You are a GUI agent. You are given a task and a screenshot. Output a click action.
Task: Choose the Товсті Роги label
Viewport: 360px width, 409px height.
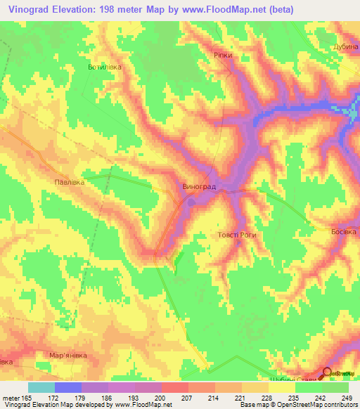[238, 235]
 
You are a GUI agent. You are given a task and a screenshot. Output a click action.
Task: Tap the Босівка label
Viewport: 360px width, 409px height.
[345, 231]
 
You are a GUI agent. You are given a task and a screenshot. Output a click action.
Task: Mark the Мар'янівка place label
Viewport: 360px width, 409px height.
[67, 356]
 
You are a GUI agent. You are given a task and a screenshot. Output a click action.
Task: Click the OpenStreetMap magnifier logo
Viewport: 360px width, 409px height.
[327, 373]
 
